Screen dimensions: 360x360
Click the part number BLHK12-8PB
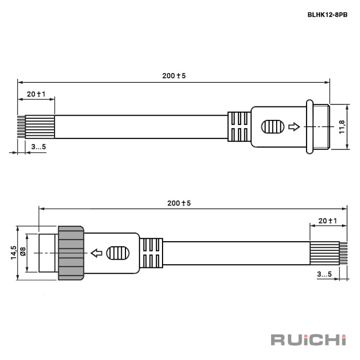[x=328, y=15]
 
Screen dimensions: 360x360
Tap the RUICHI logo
[x=309, y=340]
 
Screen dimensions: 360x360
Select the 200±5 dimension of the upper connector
[x=174, y=76]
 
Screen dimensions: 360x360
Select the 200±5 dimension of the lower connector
[x=179, y=203]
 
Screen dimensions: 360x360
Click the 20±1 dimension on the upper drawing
[x=37, y=94]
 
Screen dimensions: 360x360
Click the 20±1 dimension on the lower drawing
[x=328, y=221]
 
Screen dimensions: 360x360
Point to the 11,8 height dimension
[x=342, y=127]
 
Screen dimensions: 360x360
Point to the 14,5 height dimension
[x=14, y=253]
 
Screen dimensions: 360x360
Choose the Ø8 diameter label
[x=23, y=251]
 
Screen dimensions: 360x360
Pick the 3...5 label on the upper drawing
[x=39, y=147]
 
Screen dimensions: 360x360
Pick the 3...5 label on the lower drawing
[x=325, y=274]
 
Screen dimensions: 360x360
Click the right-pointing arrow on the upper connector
[x=294, y=127]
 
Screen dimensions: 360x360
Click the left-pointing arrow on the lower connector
[x=97, y=253]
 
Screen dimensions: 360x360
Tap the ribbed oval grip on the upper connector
[x=273, y=127]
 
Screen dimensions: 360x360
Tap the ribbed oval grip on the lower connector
[x=118, y=253]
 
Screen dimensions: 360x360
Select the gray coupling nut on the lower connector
[x=71, y=253]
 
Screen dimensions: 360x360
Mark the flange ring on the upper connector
[x=310, y=127]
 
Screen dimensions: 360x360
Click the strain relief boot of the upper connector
[x=239, y=127]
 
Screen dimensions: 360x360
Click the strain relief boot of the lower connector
[x=151, y=253]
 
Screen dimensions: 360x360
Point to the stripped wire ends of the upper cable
[x=22, y=127]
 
